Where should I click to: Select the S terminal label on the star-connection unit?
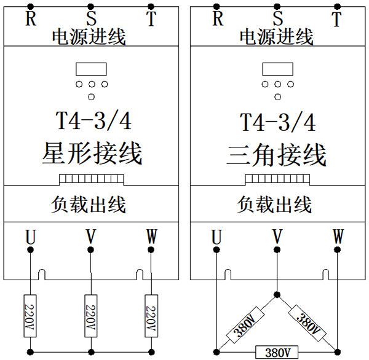91,18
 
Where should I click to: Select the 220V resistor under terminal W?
151,315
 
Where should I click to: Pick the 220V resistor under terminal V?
91,315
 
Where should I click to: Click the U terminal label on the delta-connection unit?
216,237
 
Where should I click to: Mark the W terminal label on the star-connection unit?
151,236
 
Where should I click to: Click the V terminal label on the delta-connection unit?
277,237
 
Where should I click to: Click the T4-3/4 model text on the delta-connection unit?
277,122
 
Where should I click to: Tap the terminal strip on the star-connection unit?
91,179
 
